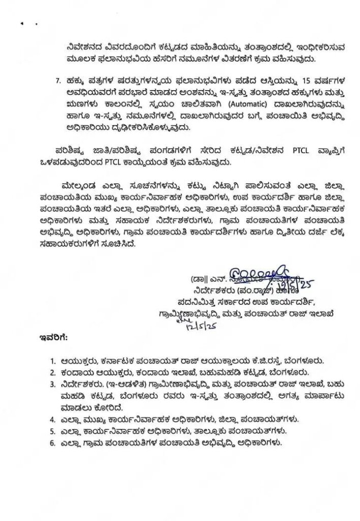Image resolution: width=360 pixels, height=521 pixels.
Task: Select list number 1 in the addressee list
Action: click(53, 361)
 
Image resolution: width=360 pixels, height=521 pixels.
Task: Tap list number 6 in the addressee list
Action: click(53, 442)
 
